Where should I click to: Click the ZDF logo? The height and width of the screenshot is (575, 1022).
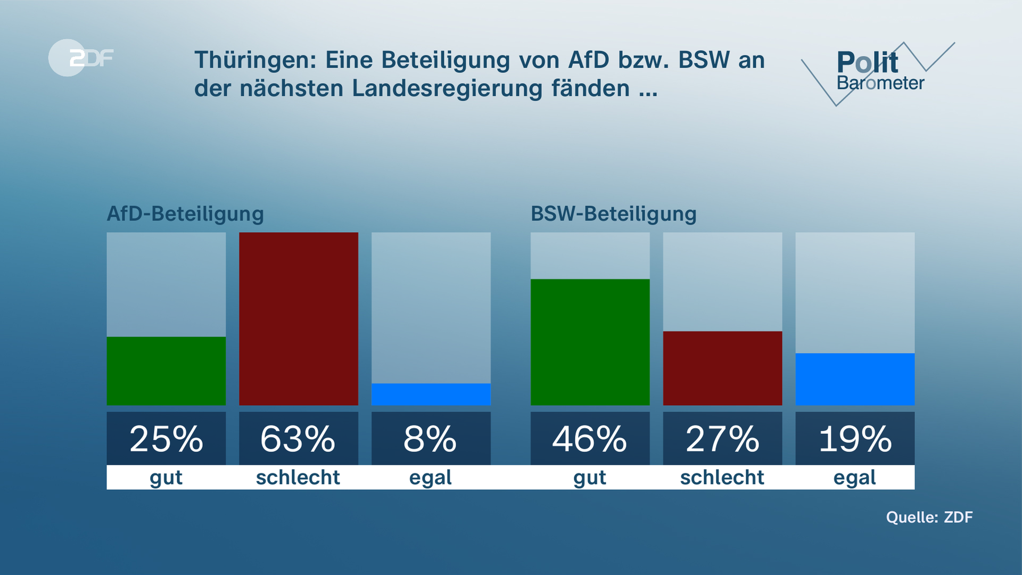(x=81, y=57)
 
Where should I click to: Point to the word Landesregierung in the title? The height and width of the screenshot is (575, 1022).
(x=447, y=88)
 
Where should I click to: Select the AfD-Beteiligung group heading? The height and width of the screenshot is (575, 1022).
(x=185, y=214)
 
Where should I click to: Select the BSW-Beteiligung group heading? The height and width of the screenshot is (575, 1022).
(x=613, y=214)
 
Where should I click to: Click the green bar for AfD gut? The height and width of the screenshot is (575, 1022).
(x=166, y=371)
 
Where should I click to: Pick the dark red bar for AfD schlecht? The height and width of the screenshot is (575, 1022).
(x=299, y=318)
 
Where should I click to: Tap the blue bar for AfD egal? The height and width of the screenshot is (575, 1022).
(x=431, y=394)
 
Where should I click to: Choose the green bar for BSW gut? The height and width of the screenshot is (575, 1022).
(x=590, y=342)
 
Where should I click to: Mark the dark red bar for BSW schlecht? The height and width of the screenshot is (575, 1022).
(x=722, y=368)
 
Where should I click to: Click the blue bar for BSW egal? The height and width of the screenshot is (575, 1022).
(x=855, y=379)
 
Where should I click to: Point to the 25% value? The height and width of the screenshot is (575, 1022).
(x=166, y=439)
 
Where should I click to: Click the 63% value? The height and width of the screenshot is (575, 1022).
(x=299, y=439)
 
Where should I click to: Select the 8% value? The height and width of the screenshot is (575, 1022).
(x=431, y=439)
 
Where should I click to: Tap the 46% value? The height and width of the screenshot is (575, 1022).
(x=590, y=439)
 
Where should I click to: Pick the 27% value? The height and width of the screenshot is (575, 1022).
(x=722, y=439)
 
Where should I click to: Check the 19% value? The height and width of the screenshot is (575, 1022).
(x=855, y=439)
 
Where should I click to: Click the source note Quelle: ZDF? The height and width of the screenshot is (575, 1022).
(x=929, y=517)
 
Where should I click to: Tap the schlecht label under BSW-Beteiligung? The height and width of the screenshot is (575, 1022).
(x=722, y=478)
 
